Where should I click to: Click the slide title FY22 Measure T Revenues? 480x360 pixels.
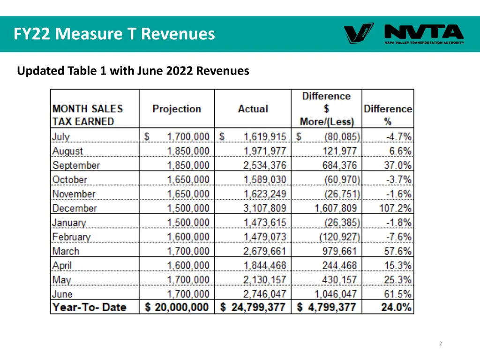pos(114,34)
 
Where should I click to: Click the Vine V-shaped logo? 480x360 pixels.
pos(359,33)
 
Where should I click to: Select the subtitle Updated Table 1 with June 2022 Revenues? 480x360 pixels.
pos(133,71)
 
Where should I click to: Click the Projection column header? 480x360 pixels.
pos(177,109)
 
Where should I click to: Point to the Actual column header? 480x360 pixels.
pos(253,109)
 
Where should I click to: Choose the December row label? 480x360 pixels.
pos(75,208)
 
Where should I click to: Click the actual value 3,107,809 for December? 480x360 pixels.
pos(264,208)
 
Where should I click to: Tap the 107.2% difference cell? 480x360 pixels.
pos(395,208)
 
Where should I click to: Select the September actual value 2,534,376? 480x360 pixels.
pos(264,165)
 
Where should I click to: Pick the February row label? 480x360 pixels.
pos(71,237)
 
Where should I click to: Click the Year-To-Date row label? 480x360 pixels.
pos(90,307)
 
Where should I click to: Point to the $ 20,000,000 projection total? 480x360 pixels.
pos(177,307)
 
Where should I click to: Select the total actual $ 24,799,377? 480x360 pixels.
pos(253,307)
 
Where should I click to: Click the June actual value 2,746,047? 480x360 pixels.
pos(264,294)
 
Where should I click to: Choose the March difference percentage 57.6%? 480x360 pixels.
pos(397,251)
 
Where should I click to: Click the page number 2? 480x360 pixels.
pos(440,344)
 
